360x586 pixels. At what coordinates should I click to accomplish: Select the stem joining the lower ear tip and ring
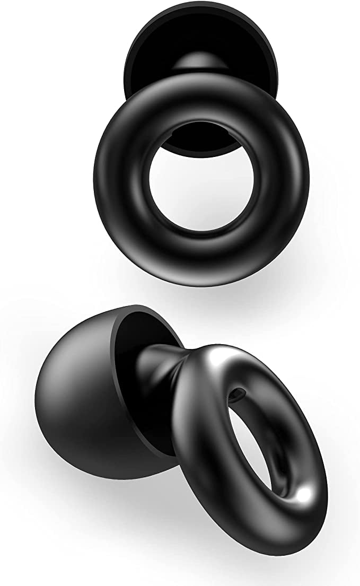click(x=159, y=371)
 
